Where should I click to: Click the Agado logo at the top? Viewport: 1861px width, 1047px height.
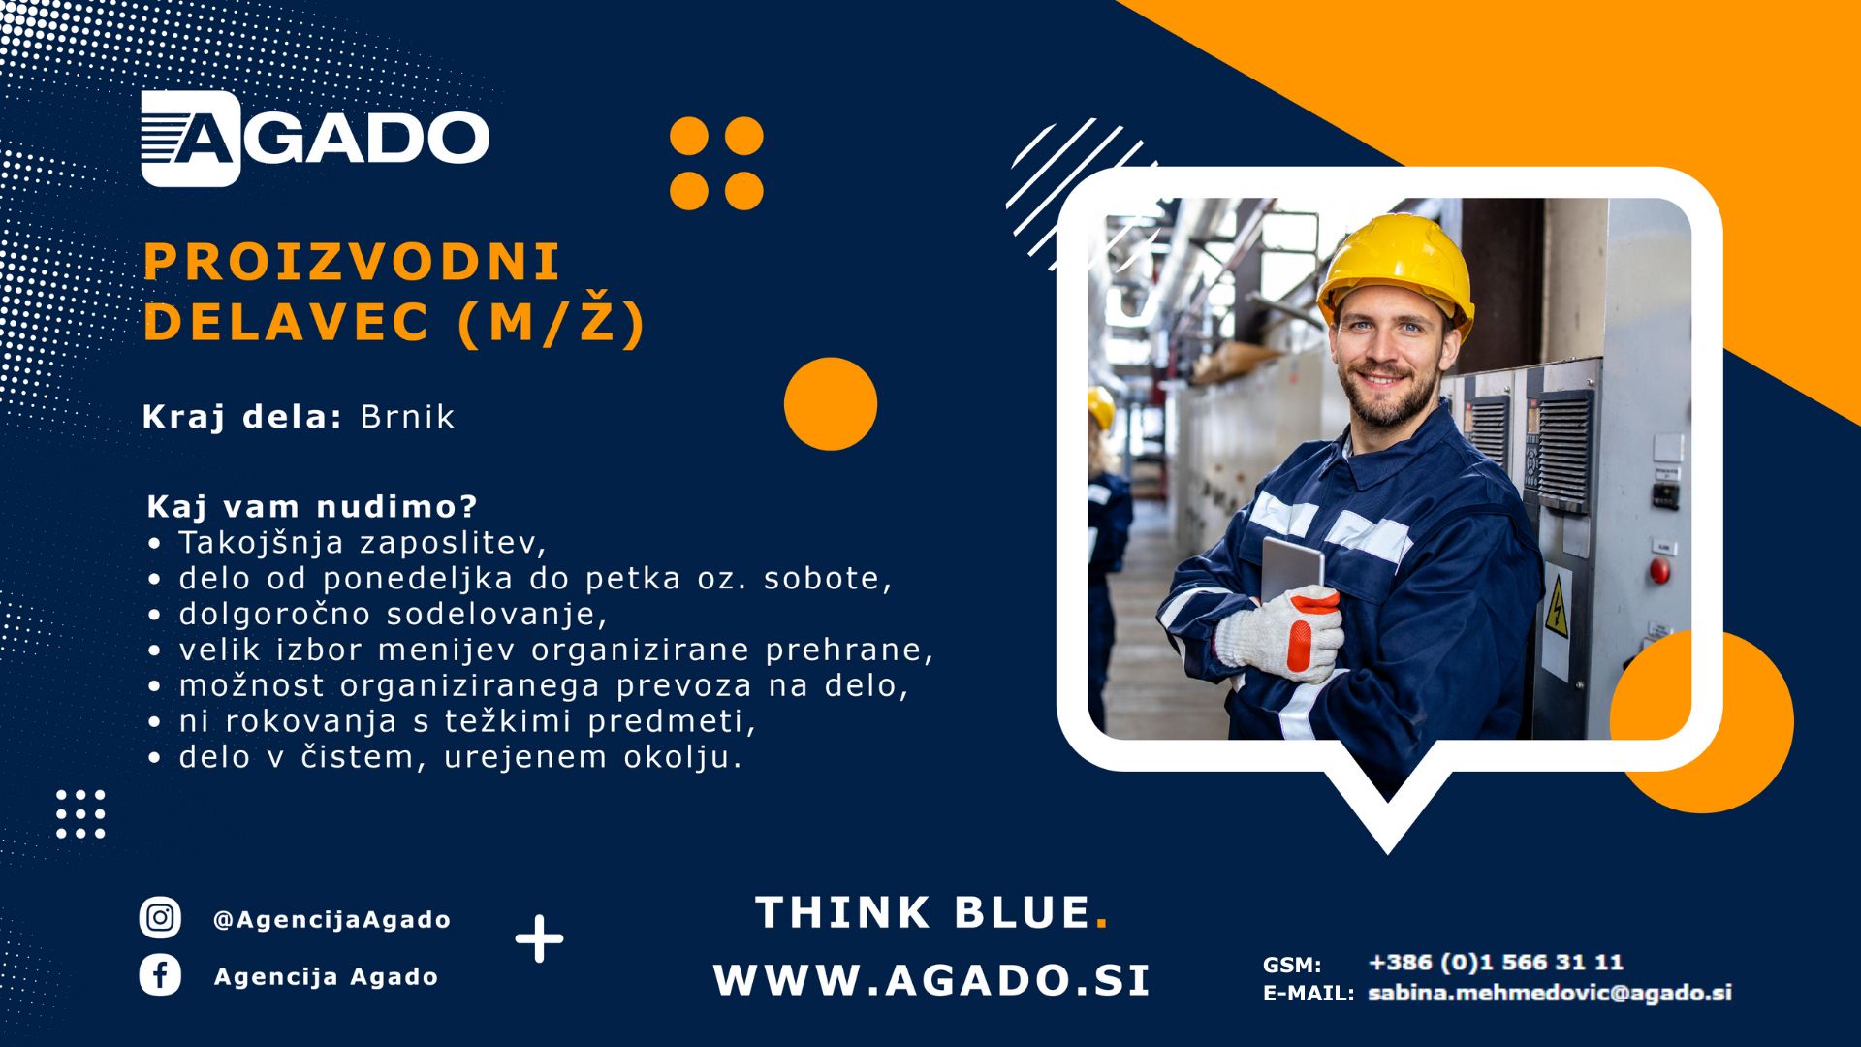pos(315,138)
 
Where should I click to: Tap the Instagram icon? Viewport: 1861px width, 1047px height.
pos(160,917)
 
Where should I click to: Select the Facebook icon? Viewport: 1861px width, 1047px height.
pos(160,975)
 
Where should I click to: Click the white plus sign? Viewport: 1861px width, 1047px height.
pos(539,938)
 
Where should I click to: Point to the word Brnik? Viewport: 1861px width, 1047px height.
pos(407,417)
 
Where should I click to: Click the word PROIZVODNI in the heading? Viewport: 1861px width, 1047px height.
pos(352,262)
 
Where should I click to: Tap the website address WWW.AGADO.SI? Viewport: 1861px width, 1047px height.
pos(931,980)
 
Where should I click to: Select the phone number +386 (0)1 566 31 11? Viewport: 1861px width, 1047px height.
pos(1496,962)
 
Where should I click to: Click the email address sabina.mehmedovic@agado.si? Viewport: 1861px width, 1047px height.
pos(1549,993)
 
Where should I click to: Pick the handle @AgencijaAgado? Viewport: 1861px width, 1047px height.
pos(331,919)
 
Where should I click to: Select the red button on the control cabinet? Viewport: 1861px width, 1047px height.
pos(1659,571)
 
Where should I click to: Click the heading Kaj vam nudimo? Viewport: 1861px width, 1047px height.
pos(312,506)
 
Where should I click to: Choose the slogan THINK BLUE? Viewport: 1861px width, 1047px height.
pos(931,912)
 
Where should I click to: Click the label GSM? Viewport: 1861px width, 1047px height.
pos(1292,965)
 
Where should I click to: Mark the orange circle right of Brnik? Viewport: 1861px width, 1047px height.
pos(831,404)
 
